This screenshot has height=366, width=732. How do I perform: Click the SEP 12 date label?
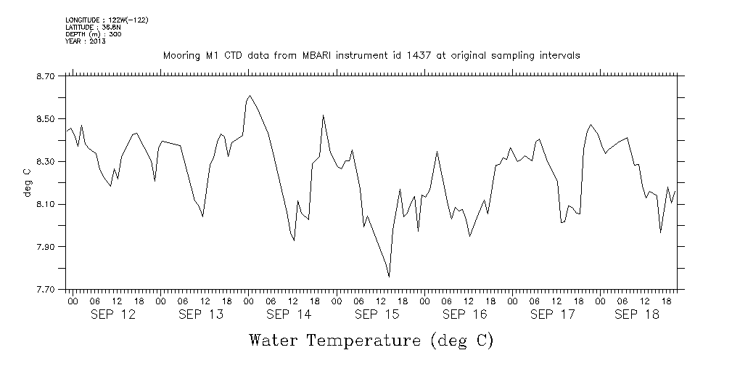coord(112,314)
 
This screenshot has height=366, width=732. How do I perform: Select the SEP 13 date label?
coord(200,314)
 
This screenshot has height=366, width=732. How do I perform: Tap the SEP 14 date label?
coord(288,314)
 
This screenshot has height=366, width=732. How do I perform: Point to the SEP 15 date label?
coord(377,314)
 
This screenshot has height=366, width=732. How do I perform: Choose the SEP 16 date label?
coord(464,314)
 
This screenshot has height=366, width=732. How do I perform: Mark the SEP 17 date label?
coord(552,314)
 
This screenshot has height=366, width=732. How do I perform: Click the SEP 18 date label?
coord(636,314)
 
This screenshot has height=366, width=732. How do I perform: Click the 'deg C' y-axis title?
coord(27,182)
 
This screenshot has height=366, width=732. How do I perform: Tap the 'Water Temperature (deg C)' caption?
coord(371,340)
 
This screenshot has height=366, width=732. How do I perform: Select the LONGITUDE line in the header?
coord(107,20)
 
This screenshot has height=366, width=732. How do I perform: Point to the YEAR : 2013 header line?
coord(86,41)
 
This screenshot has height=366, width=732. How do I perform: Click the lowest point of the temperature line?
coord(390,277)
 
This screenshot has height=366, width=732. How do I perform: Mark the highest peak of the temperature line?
coord(250,95)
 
